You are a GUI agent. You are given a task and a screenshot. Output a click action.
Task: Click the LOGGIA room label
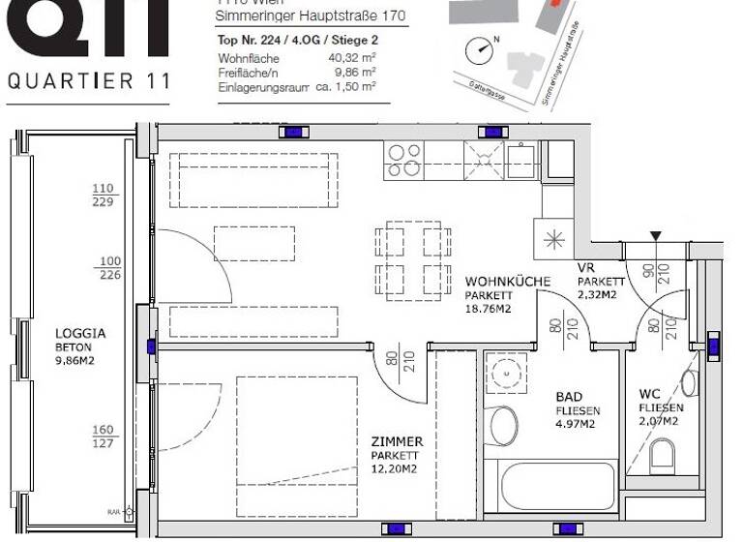pos(81,332)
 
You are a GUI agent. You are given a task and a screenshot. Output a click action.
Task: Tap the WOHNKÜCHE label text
pos(507,282)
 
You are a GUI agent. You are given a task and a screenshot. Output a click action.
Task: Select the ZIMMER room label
pos(397,441)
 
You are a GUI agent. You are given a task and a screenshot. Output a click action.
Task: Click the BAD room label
pos(569,397)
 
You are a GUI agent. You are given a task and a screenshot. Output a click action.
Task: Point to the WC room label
pos(649,394)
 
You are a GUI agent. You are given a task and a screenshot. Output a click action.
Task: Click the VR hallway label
pos(585,267)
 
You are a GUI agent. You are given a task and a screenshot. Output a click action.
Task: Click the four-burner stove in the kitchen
pos(403,160)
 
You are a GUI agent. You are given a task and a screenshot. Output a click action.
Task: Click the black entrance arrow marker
pos(657,235)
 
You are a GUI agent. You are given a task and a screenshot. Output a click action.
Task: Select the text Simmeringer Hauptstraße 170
pos(311,17)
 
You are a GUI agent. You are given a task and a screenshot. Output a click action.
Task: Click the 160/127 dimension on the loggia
pos(104,437)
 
